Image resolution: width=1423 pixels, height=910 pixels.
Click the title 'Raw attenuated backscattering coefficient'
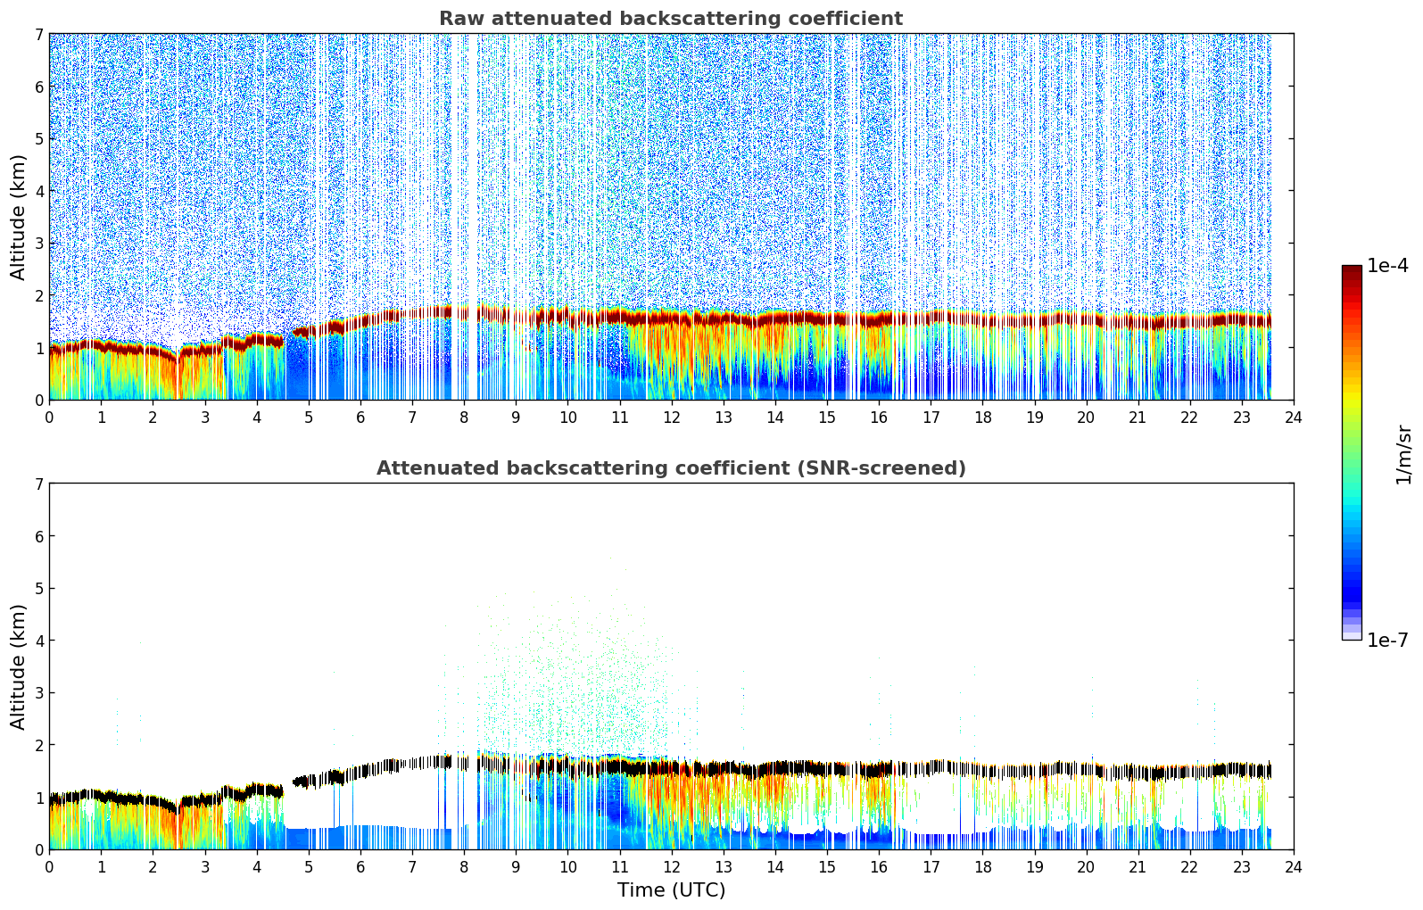(x=670, y=19)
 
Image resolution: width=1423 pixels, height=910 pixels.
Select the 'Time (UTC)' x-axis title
(x=671, y=890)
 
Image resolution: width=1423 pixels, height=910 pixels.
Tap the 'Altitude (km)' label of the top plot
(x=19, y=217)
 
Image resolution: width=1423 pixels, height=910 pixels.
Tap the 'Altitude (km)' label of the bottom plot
(x=19, y=666)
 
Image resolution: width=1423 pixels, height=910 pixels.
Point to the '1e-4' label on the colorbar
(x=1387, y=266)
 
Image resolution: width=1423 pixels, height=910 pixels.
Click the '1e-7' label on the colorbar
(x=1387, y=641)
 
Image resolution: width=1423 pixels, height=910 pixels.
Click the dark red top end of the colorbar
(x=1352, y=270)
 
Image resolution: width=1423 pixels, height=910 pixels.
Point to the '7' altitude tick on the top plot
(x=38, y=35)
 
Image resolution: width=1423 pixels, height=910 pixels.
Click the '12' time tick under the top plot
(x=671, y=418)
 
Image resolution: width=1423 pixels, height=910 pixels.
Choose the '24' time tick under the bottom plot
(x=1294, y=867)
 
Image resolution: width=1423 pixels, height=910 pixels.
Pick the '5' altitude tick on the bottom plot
(x=38, y=589)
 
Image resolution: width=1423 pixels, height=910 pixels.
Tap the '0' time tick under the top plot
(x=49, y=418)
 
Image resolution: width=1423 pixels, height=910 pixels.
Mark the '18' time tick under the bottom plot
(x=982, y=867)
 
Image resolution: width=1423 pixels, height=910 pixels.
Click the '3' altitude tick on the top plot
(x=38, y=244)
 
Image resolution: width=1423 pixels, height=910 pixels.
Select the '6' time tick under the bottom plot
(x=360, y=867)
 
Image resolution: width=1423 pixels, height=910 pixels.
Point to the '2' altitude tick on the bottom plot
(x=38, y=745)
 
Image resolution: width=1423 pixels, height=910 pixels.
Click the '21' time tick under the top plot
(x=1138, y=418)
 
